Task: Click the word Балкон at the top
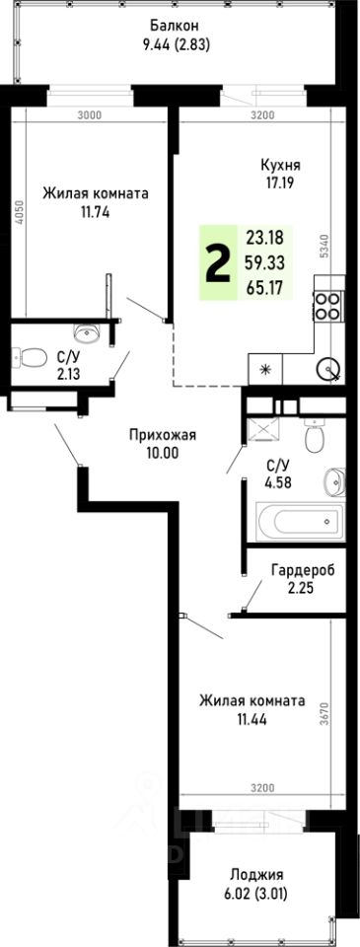point(175,26)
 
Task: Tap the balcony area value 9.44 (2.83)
point(175,43)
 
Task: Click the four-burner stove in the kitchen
point(327,307)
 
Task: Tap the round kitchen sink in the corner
point(329,371)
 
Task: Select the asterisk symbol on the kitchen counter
point(263,370)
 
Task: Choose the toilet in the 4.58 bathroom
point(315,435)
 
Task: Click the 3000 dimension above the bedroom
point(90,115)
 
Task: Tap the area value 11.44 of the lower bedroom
point(251,719)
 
